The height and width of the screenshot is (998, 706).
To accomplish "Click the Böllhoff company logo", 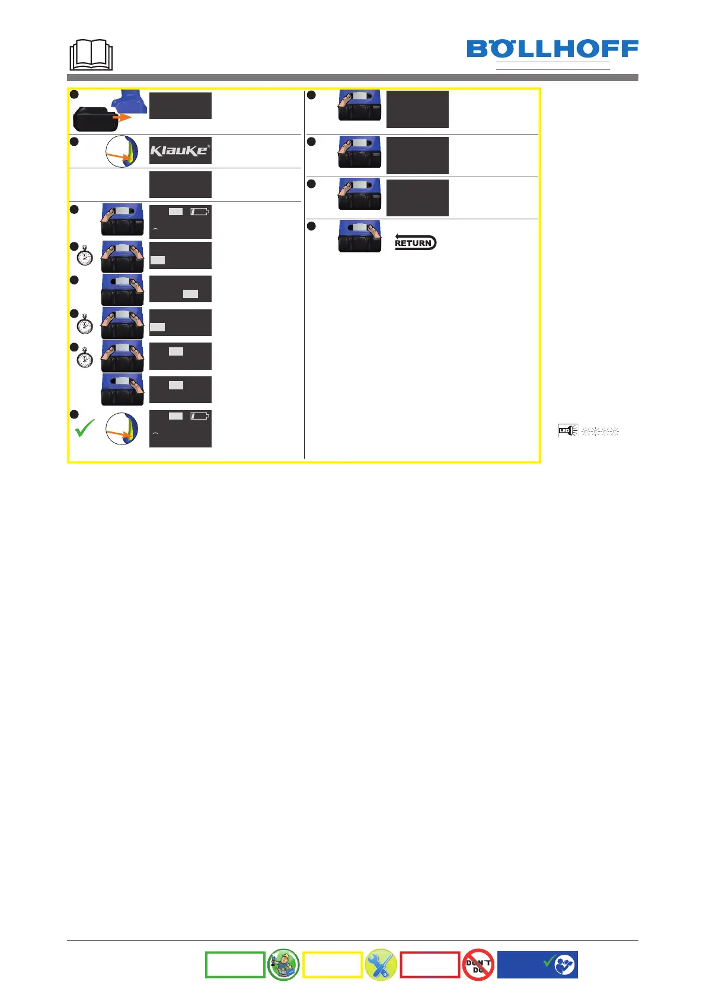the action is [x=552, y=49].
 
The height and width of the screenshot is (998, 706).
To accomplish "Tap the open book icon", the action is [x=91, y=55].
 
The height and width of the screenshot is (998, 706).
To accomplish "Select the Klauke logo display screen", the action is [x=180, y=151].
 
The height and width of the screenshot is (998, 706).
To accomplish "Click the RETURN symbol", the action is [x=415, y=242].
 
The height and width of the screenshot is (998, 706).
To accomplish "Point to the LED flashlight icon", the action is [x=567, y=431].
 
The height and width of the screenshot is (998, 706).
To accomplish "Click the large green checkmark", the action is [x=85, y=428].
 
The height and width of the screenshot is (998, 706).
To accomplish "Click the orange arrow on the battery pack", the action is [x=122, y=117].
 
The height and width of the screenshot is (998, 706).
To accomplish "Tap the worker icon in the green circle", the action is [x=283, y=964].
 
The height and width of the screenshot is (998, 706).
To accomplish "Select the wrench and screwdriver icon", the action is [x=381, y=964].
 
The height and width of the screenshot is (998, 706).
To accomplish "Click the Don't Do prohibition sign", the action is [x=478, y=964].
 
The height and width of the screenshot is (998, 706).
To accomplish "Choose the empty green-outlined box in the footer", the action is [x=235, y=964].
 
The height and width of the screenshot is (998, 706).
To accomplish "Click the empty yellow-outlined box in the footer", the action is [x=333, y=964].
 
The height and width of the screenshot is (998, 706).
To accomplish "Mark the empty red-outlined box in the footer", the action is [x=430, y=964].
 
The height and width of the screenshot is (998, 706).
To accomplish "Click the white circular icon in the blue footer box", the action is [x=564, y=965].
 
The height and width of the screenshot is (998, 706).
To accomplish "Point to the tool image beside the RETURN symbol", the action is [x=360, y=236].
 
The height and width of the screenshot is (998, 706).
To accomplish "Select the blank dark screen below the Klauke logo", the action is [x=180, y=184].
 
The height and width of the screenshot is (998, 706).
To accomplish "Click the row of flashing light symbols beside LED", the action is [x=600, y=431].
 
